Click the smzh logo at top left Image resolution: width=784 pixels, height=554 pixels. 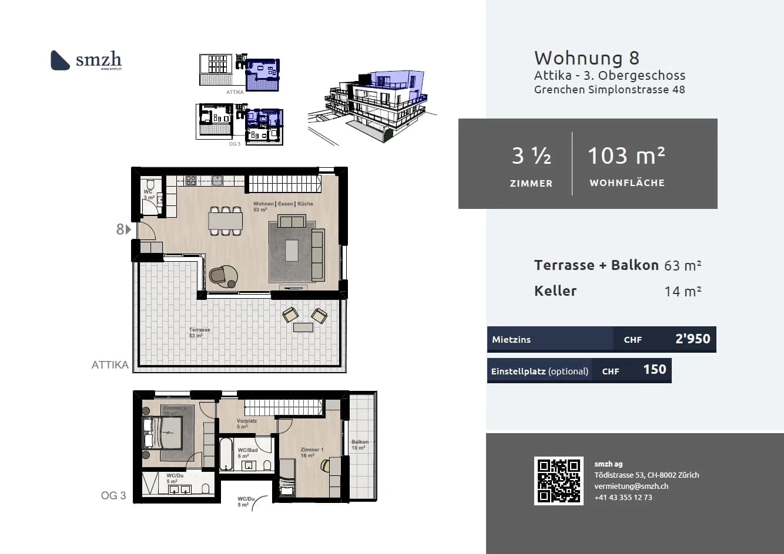tap(86, 60)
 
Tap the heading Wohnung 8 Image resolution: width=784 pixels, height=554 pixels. tap(587, 58)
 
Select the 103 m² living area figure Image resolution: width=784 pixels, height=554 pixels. tap(626, 156)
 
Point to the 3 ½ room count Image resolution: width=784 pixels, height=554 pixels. tap(531, 156)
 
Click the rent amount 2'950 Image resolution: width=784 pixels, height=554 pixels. tap(692, 339)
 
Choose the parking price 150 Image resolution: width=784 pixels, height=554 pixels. tap(654, 370)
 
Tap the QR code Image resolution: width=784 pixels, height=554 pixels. tap(558, 481)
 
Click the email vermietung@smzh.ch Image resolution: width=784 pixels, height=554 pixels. tap(631, 486)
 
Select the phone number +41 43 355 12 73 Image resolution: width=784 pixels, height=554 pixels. tap(623, 497)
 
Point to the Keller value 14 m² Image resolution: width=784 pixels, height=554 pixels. tap(683, 291)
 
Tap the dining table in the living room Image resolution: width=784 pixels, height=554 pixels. tap(225, 221)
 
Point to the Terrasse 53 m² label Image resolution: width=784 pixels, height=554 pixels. tap(199, 332)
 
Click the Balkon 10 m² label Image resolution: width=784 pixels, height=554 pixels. tap(360, 444)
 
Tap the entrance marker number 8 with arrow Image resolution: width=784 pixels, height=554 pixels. tap(123, 229)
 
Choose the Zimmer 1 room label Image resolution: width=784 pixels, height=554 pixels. tap(311, 452)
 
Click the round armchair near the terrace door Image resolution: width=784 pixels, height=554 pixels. tap(223, 275)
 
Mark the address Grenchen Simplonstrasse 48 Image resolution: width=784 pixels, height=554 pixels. tap(609, 90)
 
